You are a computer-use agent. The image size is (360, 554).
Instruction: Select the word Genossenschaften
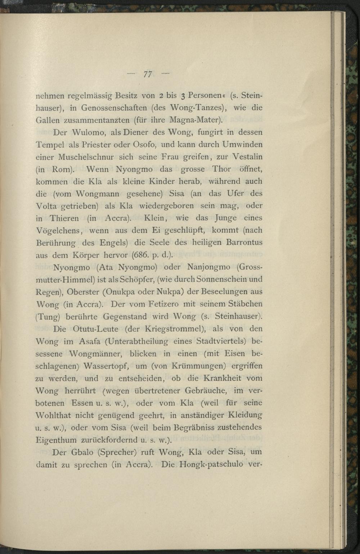click(x=113, y=108)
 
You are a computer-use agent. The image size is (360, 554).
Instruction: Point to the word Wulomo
click(x=87, y=133)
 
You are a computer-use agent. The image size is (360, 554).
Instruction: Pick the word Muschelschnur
click(x=91, y=157)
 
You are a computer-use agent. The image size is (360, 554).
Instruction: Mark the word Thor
click(x=221, y=169)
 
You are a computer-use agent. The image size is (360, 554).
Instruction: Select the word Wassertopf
click(x=106, y=366)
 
